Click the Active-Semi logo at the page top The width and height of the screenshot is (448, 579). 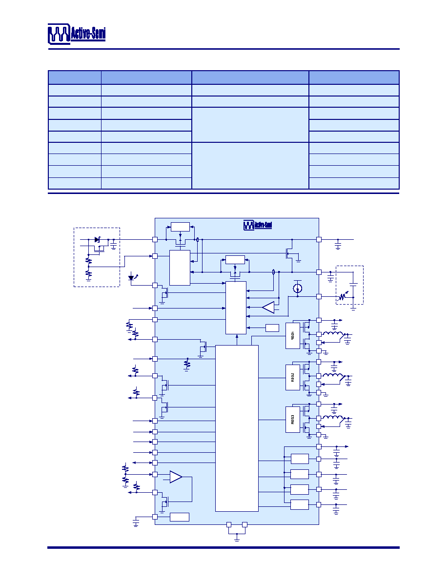point(77,34)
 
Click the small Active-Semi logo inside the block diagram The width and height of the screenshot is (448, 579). point(258,225)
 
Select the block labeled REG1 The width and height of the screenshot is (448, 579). point(293,336)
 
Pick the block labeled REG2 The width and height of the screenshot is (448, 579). point(293,377)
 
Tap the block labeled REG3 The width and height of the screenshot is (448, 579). point(293,420)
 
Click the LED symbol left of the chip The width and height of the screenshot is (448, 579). point(132,277)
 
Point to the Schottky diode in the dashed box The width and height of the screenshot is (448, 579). point(97,240)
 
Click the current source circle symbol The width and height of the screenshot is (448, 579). point(298,288)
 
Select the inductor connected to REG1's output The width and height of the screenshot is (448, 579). point(333,334)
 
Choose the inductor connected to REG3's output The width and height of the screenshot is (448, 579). point(333,418)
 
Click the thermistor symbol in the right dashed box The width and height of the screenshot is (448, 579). point(343,296)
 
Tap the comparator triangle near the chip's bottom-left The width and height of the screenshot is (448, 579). point(176,477)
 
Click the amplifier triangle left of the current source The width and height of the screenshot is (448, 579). point(268,307)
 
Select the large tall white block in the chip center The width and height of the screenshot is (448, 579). point(237,428)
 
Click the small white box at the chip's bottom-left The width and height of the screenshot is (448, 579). point(180,517)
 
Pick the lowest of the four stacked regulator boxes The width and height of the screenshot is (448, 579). point(300,504)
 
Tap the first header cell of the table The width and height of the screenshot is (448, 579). point(75,77)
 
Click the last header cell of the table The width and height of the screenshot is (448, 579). point(354,77)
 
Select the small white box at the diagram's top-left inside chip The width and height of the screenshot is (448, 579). point(181,227)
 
